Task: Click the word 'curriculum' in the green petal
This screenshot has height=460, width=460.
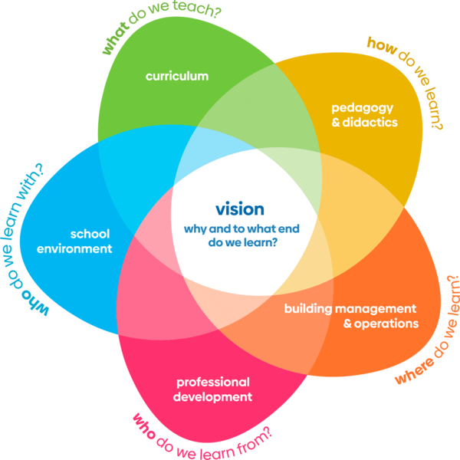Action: click(x=176, y=76)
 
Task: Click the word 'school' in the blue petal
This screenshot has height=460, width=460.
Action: click(x=90, y=234)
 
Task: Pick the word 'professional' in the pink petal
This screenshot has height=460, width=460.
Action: click(x=213, y=382)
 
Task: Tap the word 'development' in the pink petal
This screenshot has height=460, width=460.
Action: click(x=212, y=396)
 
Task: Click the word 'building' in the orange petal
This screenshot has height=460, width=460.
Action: click(x=307, y=309)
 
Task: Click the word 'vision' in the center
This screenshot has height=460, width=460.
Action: click(x=240, y=209)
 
